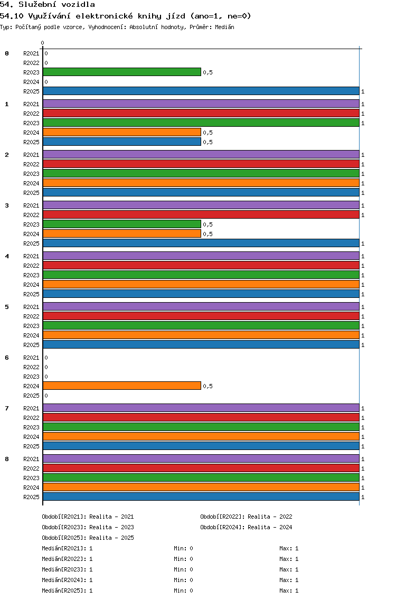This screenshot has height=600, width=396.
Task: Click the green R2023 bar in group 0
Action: point(122,72)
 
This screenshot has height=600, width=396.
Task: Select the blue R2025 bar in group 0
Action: point(201,91)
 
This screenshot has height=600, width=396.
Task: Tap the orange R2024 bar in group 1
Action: point(122,133)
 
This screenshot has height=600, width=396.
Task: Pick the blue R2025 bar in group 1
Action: point(122,142)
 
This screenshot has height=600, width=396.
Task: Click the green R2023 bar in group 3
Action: point(122,224)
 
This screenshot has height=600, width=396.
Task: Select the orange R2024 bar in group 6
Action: point(122,386)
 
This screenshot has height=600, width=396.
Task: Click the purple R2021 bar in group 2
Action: point(201,155)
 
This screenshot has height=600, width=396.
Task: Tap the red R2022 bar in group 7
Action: point(201,417)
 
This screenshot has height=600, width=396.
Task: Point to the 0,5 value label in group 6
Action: point(208,386)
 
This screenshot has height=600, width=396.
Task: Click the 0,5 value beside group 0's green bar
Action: point(208,72)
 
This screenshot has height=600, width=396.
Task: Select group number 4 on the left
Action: point(7,256)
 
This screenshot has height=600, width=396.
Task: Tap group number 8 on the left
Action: point(7,459)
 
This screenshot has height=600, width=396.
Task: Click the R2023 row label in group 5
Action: point(31,326)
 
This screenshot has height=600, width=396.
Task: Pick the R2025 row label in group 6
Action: point(31,396)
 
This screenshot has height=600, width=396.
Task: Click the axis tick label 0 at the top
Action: point(42,43)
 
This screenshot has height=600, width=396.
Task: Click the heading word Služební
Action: point(37,5)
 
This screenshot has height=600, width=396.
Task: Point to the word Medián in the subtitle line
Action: point(224,27)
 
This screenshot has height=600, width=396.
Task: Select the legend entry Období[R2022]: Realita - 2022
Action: point(246,517)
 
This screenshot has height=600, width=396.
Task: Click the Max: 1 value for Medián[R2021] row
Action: point(289,548)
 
